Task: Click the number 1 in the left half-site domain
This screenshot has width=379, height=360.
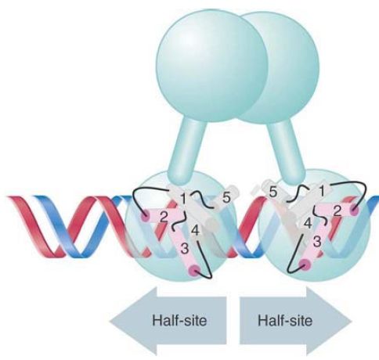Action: (x=183, y=199)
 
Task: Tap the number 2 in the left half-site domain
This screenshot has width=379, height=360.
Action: (x=164, y=217)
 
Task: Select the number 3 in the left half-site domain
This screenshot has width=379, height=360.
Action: (x=185, y=248)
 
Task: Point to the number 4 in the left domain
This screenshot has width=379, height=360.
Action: (x=196, y=231)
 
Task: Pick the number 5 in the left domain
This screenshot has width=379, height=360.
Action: (x=226, y=198)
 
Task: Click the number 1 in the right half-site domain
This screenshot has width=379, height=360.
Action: (x=322, y=192)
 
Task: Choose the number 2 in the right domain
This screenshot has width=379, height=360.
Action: (x=337, y=211)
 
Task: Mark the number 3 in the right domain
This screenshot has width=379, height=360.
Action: (x=316, y=242)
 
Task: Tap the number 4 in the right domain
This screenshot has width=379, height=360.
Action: (x=309, y=224)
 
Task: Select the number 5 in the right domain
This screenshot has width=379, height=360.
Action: (x=273, y=193)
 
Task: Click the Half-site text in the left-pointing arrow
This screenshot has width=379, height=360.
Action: (x=179, y=320)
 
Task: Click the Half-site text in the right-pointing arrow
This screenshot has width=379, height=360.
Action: (x=285, y=320)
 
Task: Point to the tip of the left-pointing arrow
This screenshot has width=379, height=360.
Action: (x=110, y=321)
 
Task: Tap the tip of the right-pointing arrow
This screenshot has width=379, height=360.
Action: (x=352, y=321)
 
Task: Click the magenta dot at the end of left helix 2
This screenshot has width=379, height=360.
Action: (x=144, y=216)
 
